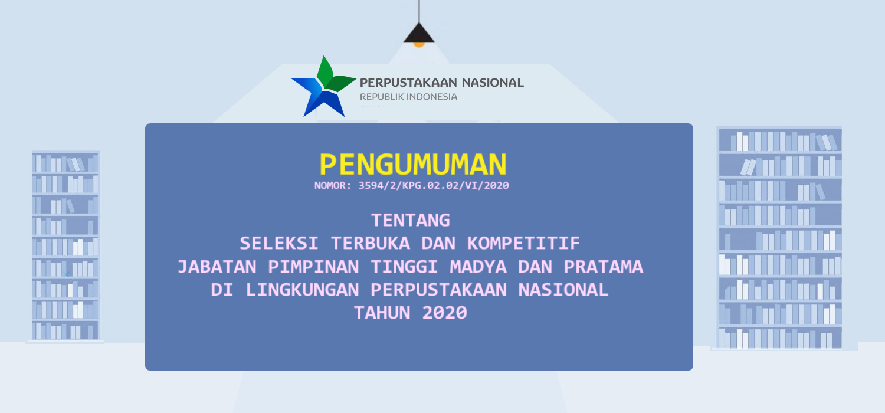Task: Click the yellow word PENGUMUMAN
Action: (413, 165)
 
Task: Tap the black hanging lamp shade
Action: (419, 33)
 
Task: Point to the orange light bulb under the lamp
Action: (419, 45)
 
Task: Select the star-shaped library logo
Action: (323, 87)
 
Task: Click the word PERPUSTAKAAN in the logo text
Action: (408, 83)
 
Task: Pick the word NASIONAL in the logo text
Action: (493, 83)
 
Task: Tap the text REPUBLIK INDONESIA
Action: (408, 97)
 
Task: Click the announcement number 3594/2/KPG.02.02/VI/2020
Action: (434, 186)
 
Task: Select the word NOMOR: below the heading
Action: (333, 186)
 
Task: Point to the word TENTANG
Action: (411, 220)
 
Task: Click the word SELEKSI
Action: (279, 243)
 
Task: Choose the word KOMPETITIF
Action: (523, 243)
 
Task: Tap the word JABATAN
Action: (217, 266)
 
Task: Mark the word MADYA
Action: (478, 266)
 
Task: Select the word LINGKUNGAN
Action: (302, 290)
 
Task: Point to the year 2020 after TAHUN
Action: (444, 313)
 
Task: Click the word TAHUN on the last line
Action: (382, 313)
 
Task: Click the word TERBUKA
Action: (370, 243)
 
